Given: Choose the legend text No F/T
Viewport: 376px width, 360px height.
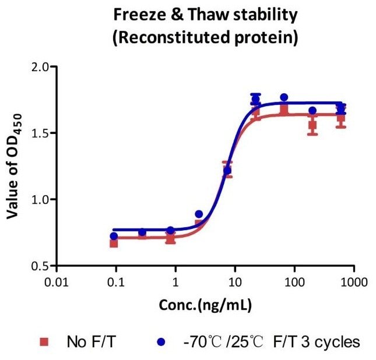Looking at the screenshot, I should click(87, 341).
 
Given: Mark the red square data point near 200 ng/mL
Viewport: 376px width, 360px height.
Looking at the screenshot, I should click(312, 125).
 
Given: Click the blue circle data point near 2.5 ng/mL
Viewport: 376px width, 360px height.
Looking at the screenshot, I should click(199, 214).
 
